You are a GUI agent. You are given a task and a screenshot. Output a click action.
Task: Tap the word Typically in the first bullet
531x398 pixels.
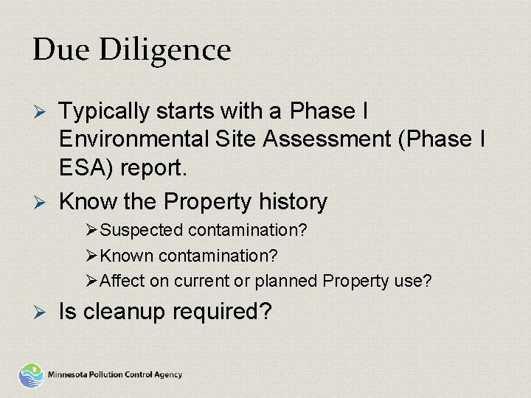103,112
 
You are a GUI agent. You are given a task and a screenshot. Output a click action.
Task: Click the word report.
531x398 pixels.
156,168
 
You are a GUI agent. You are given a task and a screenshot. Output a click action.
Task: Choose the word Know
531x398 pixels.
83,201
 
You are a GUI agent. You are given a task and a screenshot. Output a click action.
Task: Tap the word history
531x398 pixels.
294,201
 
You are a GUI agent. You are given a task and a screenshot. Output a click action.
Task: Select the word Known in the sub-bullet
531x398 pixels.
125,256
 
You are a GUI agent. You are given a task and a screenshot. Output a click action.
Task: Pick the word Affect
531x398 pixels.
122,281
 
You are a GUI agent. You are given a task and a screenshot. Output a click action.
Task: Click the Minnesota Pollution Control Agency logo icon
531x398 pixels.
31,374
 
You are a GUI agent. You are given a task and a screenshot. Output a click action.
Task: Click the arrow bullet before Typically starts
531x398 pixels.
41,112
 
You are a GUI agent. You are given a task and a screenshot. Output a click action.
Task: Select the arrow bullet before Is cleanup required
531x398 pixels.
41,313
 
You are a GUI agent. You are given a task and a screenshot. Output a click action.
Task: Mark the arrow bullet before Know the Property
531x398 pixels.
41,201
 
